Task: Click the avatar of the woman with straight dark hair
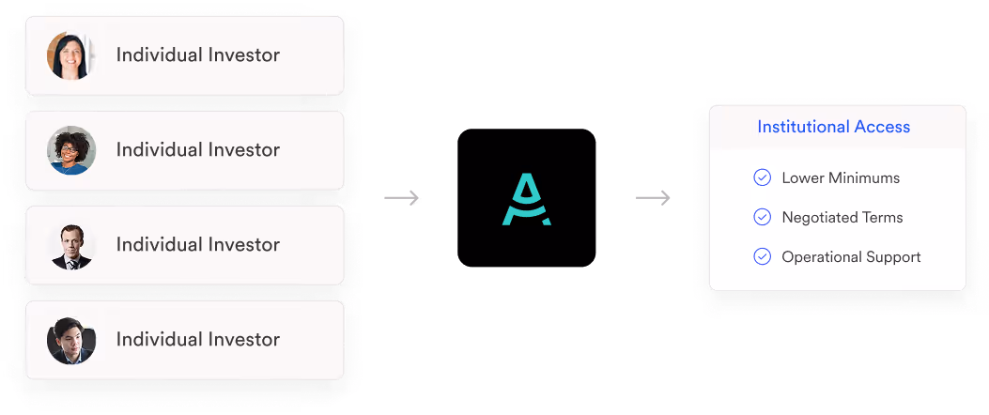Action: click(70, 55)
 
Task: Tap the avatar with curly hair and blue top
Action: click(70, 150)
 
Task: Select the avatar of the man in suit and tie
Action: click(70, 245)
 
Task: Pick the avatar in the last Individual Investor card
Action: click(70, 340)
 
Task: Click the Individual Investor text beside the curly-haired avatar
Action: click(197, 150)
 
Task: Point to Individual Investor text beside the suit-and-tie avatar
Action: click(197, 245)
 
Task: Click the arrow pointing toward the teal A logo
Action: click(401, 198)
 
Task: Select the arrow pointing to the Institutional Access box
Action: click(653, 198)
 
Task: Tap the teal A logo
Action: click(526, 200)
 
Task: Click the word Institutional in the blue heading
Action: click(804, 127)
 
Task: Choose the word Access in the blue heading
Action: click(882, 127)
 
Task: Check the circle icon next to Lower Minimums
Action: click(763, 177)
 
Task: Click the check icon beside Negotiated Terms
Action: click(763, 217)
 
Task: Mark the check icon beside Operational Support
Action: click(763, 256)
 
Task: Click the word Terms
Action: click(885, 217)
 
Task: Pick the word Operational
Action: click(823, 256)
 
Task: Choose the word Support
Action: click(894, 257)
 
